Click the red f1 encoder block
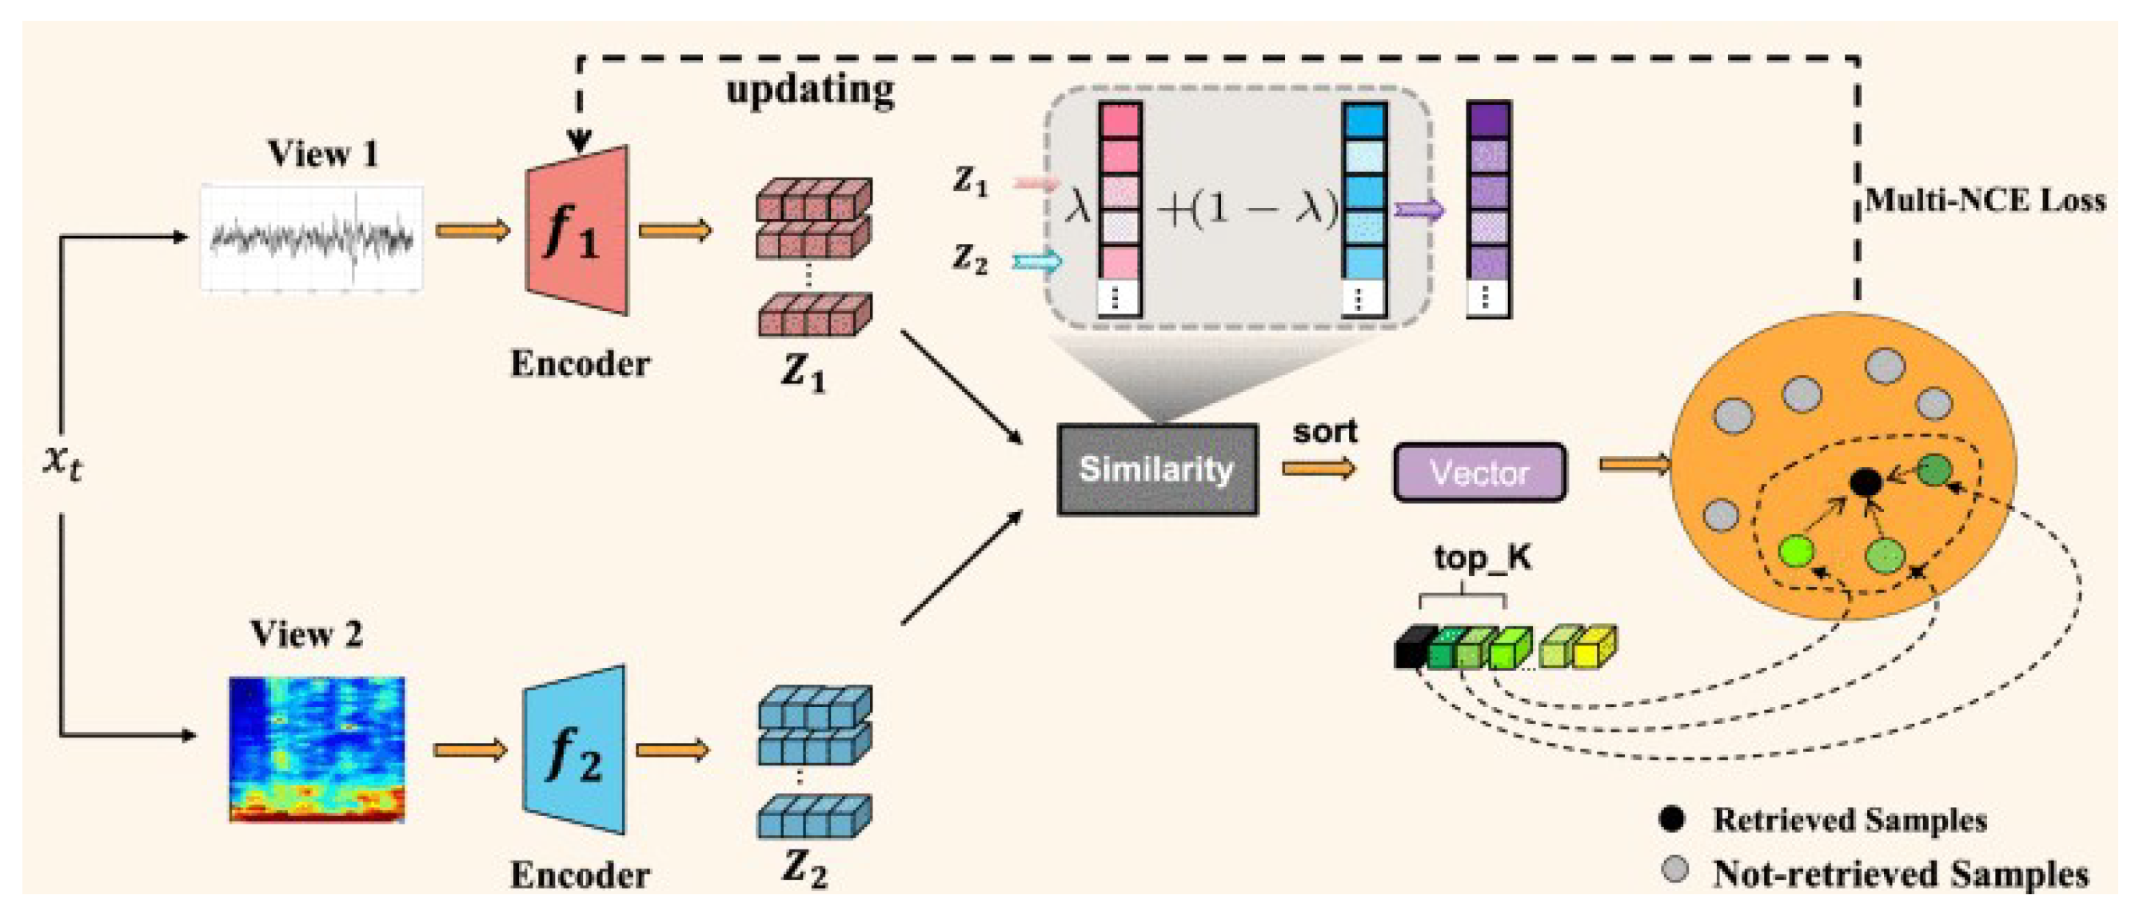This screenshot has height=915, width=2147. tap(577, 232)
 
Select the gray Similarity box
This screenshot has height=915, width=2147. tap(1157, 470)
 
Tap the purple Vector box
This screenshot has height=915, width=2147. tap(1479, 473)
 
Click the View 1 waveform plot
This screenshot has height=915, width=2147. tap(312, 239)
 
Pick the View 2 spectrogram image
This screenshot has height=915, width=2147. tap(317, 750)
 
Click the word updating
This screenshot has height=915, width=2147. tap(810, 90)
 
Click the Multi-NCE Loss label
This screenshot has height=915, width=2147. tap(1985, 201)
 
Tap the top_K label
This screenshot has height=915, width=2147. tap(1482, 557)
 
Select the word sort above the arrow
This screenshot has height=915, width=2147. tap(1324, 432)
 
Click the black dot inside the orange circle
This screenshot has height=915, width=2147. tap(1866, 481)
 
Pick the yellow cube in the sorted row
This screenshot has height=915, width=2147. tap(1594, 648)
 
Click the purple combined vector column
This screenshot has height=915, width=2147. tap(1489, 208)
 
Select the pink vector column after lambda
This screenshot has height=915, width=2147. tap(1119, 208)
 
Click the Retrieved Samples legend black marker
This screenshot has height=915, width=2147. tap(1672, 819)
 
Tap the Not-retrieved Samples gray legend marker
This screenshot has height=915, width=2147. tap(1674, 870)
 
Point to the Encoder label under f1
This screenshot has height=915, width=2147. tap(579, 364)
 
